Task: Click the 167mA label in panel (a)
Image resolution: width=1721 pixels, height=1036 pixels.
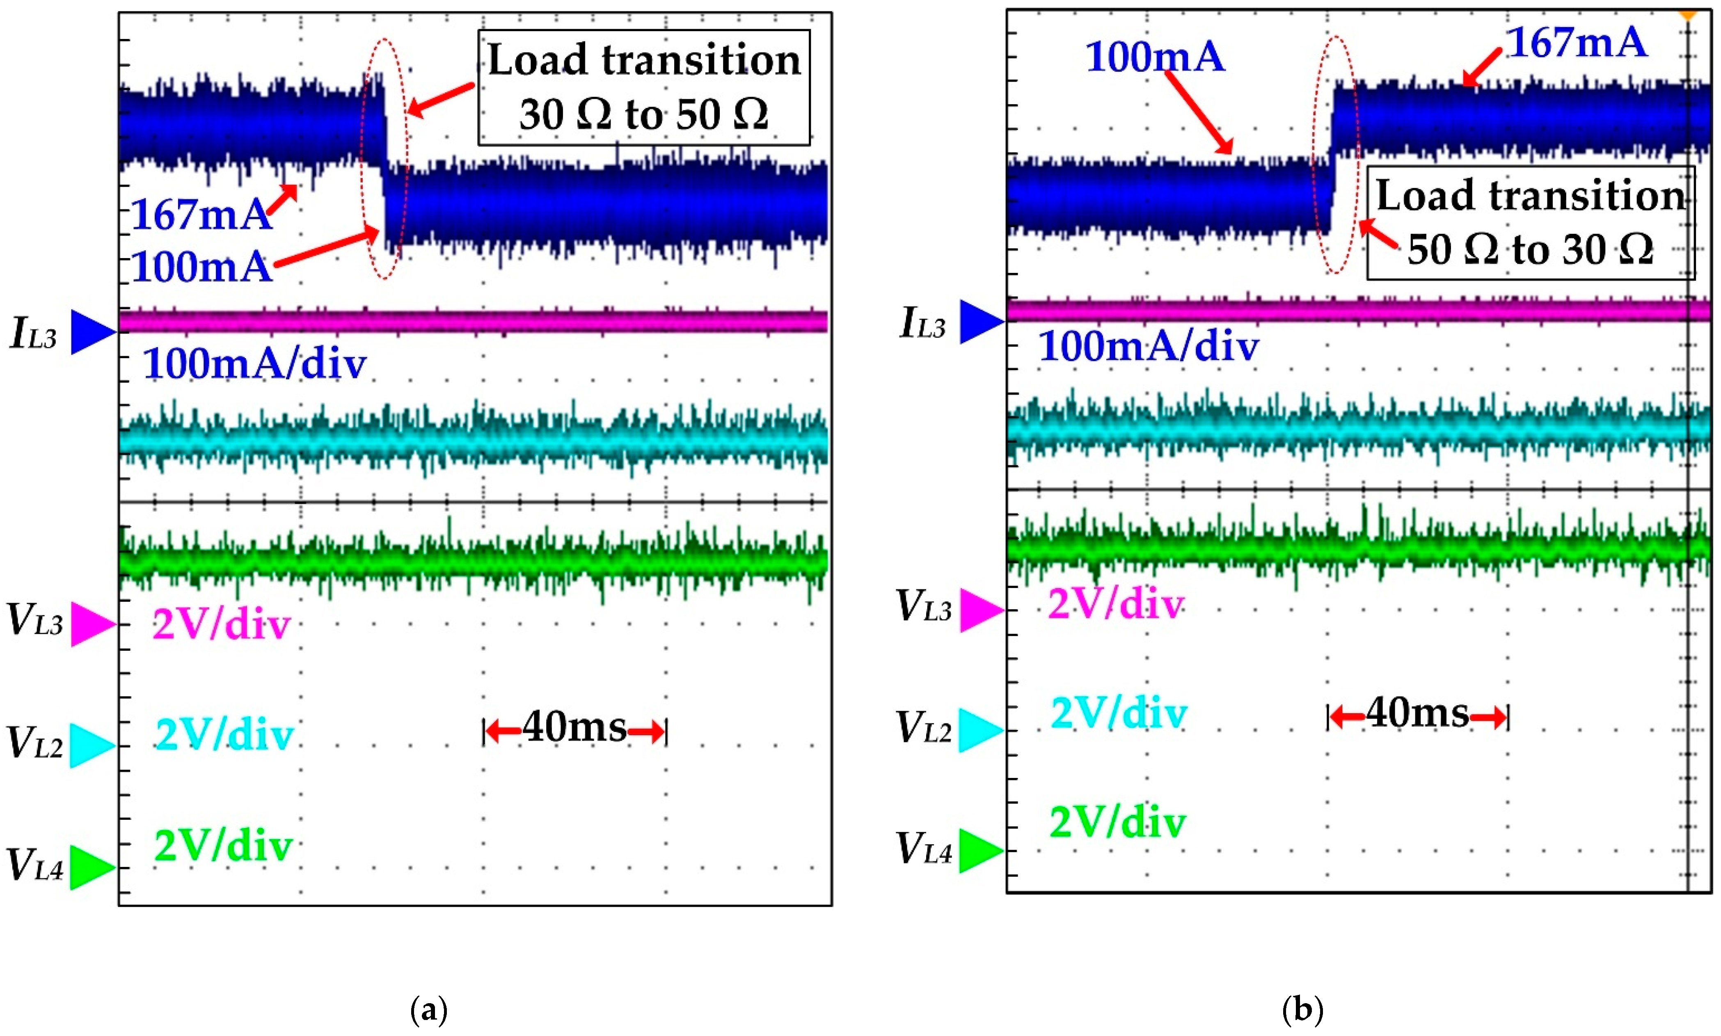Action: [x=200, y=214]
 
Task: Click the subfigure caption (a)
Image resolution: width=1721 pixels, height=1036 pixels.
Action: [x=429, y=1009]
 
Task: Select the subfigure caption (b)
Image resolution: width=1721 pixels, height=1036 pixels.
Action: [x=1302, y=1009]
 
